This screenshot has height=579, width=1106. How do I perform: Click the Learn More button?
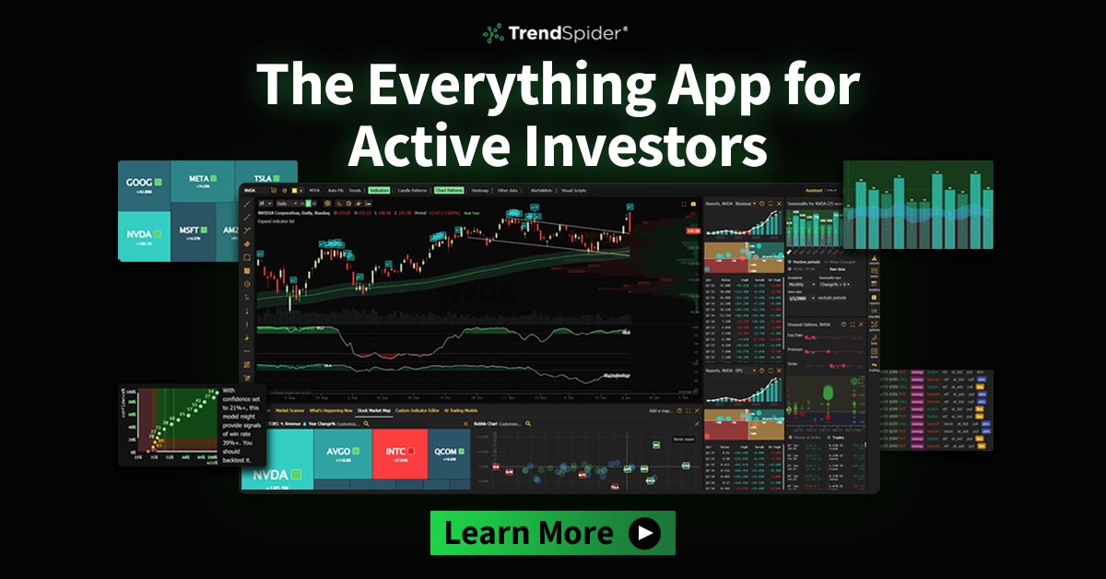[x=552, y=533]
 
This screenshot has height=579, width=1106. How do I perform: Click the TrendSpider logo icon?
[x=493, y=34]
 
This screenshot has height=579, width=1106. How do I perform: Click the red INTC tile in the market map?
[x=399, y=454]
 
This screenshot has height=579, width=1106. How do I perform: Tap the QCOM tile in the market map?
[x=447, y=454]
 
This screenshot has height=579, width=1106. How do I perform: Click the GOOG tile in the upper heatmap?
[x=143, y=183]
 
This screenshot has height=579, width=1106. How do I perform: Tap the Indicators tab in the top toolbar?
[x=379, y=190]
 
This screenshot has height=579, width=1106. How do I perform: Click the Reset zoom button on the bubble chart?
[x=683, y=439]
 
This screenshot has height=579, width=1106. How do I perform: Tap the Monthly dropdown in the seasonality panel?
[x=798, y=285]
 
